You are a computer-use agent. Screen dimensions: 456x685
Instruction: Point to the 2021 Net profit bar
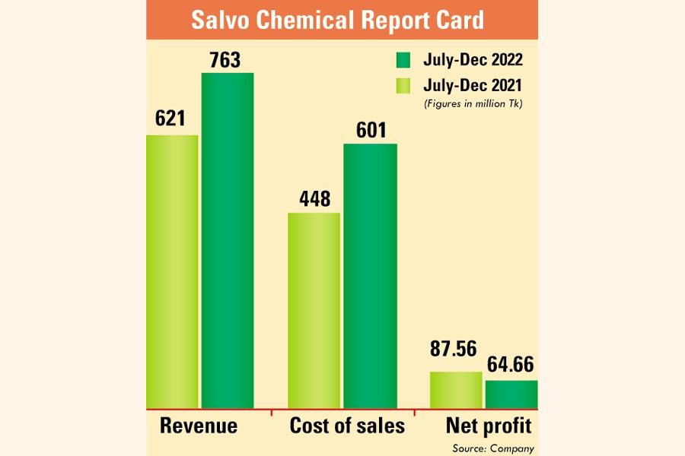456,389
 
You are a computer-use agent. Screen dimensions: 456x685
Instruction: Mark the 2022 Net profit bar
511,394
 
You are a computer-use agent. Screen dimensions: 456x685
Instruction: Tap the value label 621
171,120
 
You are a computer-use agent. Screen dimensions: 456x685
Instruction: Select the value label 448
314,198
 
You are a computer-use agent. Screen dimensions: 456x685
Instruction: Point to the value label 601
371,130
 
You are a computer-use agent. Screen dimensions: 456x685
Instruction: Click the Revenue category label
199,426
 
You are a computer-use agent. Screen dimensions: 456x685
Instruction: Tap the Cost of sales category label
347,426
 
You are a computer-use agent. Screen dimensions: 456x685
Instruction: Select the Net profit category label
488,426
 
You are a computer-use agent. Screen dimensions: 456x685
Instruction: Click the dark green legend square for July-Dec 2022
403,60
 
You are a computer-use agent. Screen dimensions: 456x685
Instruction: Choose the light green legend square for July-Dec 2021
403,85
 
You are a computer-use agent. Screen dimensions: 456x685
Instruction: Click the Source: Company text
492,448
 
